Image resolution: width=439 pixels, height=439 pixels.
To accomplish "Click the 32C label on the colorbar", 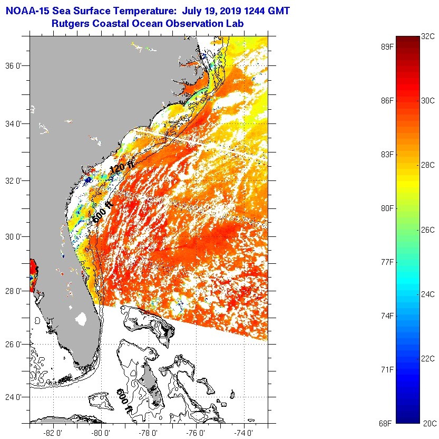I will (427, 36).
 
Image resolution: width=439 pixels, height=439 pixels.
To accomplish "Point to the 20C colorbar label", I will (430, 423).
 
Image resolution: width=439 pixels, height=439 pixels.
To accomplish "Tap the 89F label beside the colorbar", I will (387, 47).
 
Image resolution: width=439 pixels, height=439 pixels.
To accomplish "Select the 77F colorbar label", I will (387, 262).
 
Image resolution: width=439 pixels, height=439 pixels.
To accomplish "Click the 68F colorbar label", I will (386, 423).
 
